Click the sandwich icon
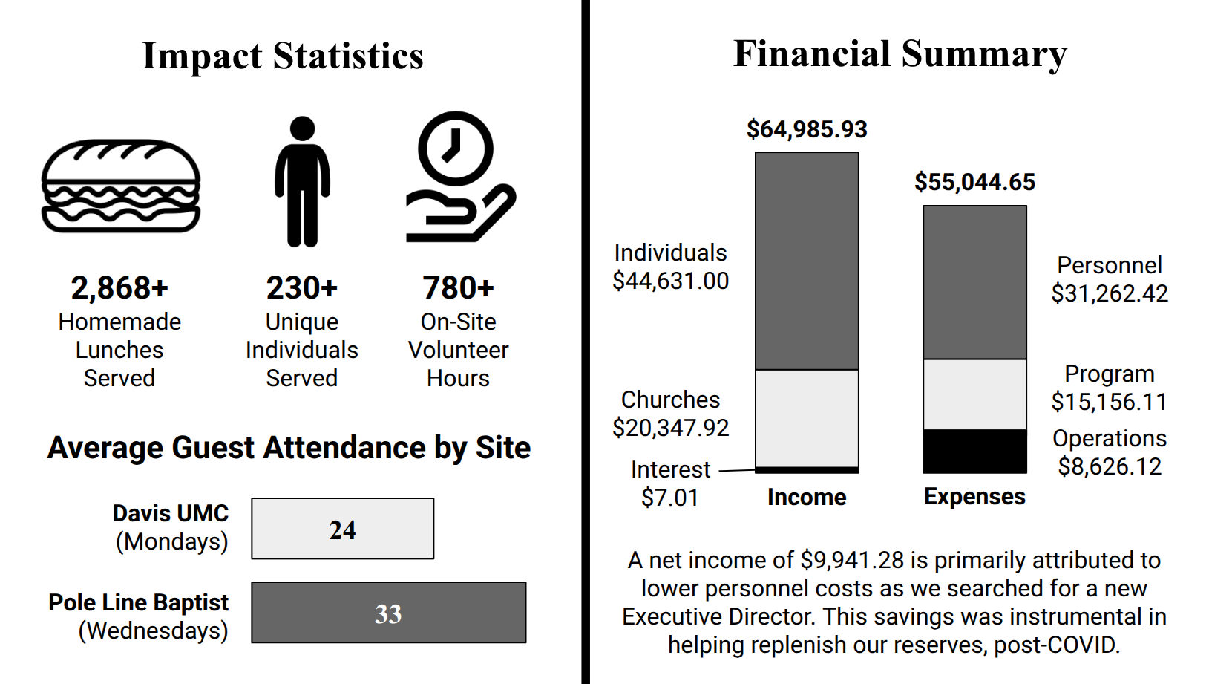[121, 186]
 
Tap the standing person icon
[302, 182]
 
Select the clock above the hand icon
[455, 148]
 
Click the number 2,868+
[119, 288]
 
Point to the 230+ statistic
[301, 288]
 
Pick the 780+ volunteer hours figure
[458, 288]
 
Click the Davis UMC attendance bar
[342, 529]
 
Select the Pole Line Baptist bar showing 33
[388, 613]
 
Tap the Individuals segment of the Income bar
[807, 261]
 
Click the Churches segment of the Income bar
[807, 418]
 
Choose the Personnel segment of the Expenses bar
[974, 282]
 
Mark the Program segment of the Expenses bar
[974, 394]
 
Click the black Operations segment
[974, 451]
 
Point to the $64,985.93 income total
[807, 129]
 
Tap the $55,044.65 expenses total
[974, 182]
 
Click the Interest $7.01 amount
[669, 498]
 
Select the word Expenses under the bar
[974, 496]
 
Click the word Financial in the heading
[812, 54]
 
